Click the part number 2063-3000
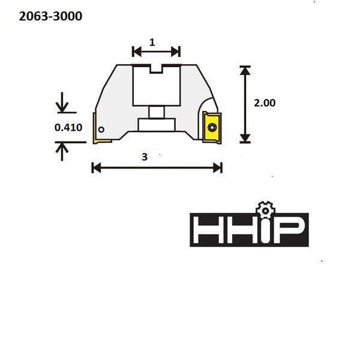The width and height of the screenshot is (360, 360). (x=50, y=16)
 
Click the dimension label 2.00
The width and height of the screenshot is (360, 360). (x=265, y=103)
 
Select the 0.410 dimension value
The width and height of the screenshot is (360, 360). (x=68, y=127)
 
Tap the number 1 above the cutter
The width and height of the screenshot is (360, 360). (x=152, y=42)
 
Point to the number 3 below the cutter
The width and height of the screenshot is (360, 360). (x=145, y=157)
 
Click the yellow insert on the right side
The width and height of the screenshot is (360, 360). (x=212, y=127)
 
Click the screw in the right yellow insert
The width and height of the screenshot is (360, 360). (x=212, y=127)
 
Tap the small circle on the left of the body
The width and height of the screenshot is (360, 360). (x=101, y=130)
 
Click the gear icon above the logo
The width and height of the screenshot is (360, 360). (x=265, y=210)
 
